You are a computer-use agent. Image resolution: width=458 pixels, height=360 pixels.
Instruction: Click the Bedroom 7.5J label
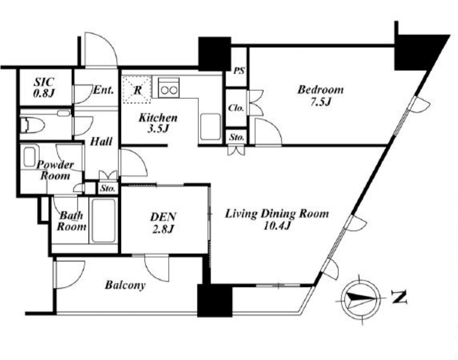(x=320, y=95)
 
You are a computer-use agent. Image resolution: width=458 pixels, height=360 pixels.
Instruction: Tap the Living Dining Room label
(x=277, y=219)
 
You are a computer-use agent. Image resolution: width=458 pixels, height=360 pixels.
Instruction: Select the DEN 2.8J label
(x=163, y=223)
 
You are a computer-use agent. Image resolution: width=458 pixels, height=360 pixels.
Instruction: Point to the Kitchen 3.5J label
(x=158, y=123)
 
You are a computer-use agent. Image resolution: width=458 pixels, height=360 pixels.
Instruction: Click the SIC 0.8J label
(x=44, y=87)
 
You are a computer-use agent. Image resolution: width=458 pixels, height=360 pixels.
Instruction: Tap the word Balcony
(x=125, y=285)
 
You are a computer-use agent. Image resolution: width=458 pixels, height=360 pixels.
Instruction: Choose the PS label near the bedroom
(x=239, y=71)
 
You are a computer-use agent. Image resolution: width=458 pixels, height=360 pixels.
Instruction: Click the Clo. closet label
(x=236, y=108)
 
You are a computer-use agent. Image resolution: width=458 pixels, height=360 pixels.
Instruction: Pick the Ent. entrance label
(x=103, y=90)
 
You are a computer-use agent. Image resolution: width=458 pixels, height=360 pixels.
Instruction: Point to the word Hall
(x=101, y=141)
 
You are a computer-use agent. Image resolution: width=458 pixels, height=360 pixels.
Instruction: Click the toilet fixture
(x=33, y=125)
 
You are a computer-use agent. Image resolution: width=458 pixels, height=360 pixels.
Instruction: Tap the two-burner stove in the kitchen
(x=169, y=87)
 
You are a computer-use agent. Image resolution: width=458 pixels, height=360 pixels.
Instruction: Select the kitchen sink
(x=211, y=127)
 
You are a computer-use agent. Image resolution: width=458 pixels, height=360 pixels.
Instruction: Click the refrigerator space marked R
(x=137, y=89)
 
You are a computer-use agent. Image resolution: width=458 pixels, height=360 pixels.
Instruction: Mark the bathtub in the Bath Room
(x=103, y=220)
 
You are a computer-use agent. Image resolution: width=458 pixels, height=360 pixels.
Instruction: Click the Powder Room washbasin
(x=30, y=157)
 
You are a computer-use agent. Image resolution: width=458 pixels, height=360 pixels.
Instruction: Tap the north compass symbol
(x=361, y=299)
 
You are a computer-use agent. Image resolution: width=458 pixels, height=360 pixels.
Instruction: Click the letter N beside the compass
(x=399, y=298)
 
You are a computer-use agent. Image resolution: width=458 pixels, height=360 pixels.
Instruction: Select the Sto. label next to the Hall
(x=107, y=189)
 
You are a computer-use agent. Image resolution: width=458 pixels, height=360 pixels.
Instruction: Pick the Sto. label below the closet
(x=236, y=137)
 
